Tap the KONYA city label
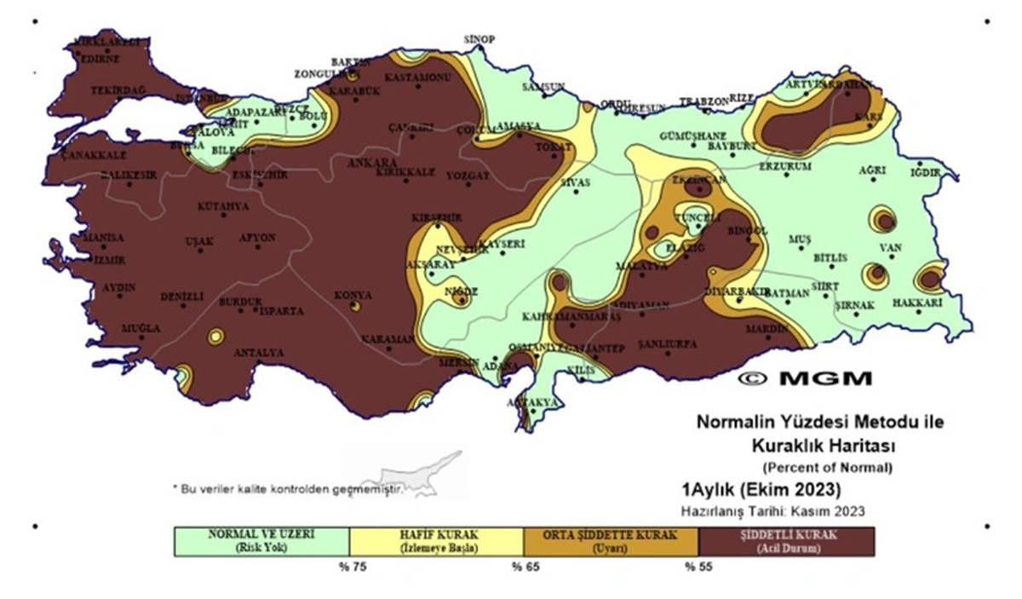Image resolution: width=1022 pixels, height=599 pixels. click(352, 294)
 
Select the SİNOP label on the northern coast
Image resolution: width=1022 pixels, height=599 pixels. click(479, 39)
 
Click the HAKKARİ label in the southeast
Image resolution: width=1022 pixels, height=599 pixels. click(916, 302)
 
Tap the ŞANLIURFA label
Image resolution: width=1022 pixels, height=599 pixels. click(668, 343)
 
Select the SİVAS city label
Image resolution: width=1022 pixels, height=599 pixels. click(575, 181)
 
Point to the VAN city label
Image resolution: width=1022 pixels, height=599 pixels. click(890, 248)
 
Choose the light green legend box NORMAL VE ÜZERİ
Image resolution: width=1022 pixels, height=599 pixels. click(261, 541)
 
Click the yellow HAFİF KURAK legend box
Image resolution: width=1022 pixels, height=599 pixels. click(436, 541)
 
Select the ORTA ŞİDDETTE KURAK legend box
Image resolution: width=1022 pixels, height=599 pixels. click(611, 541)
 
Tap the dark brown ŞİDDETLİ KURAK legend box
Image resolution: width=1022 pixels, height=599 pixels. click(785, 541)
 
